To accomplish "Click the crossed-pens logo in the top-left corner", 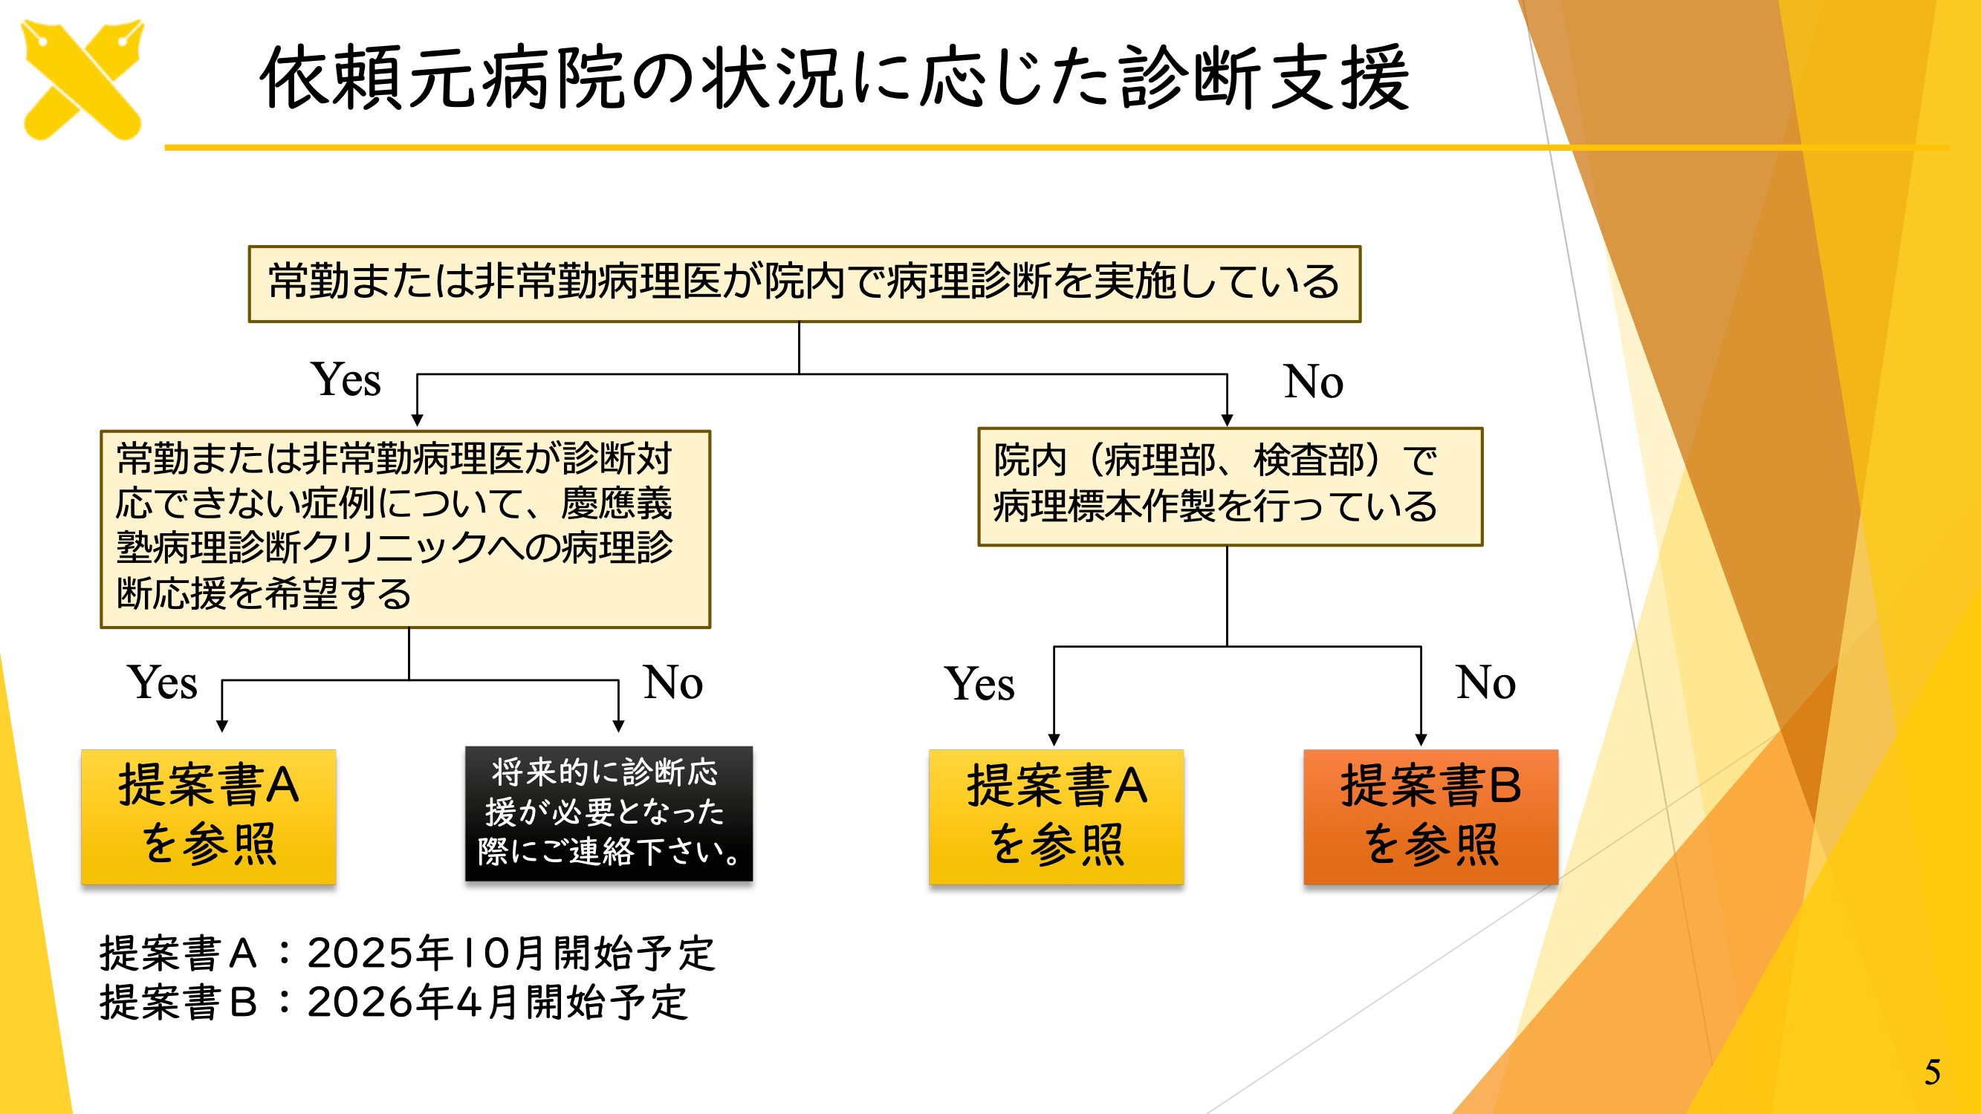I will [x=83, y=80].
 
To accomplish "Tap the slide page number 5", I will [x=1933, y=1072].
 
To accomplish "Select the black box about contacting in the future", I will [x=609, y=813].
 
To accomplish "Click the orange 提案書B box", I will [x=1430, y=816].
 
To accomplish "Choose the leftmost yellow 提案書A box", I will [x=208, y=816].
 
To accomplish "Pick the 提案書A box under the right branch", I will [x=1056, y=816].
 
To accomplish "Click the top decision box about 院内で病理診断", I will [x=804, y=283].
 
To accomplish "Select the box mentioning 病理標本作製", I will [x=1229, y=486].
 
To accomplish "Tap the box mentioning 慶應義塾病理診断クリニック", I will [x=404, y=528].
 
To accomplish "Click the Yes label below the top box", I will [x=346, y=380].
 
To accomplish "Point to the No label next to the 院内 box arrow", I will [x=1313, y=381].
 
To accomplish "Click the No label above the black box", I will [x=673, y=683].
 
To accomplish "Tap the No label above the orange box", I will [x=1485, y=683].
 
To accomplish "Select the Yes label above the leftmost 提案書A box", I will [x=162, y=683].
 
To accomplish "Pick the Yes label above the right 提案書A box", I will [x=979, y=684].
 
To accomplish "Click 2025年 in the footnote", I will [x=379, y=954].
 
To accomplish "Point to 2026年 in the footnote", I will [x=379, y=1003].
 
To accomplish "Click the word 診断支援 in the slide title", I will [x=1263, y=79].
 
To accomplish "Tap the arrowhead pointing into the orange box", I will [x=1421, y=740].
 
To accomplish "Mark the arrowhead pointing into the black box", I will [x=618, y=726].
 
